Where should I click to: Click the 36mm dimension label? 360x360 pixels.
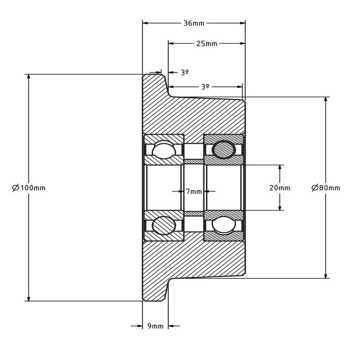click(x=194, y=23)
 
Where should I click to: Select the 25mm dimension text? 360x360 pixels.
click(x=206, y=43)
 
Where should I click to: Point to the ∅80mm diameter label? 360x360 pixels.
click(x=326, y=188)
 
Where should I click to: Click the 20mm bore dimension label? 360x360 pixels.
click(x=280, y=188)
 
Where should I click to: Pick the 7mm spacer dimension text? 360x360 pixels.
click(x=194, y=191)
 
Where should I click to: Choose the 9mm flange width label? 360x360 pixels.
click(x=155, y=326)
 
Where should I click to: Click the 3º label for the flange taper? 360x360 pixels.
click(x=185, y=73)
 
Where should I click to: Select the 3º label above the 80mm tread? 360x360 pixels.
click(x=205, y=87)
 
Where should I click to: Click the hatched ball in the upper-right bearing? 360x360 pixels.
click(x=224, y=150)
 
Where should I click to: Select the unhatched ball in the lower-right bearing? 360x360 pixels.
click(x=224, y=225)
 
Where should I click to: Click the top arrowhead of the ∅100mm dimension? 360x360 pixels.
click(x=28, y=78)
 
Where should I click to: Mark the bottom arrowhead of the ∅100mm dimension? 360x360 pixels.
click(x=28, y=298)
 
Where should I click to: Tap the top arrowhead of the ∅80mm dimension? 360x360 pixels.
click(x=326, y=100)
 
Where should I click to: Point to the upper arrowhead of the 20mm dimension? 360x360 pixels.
click(x=280, y=168)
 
